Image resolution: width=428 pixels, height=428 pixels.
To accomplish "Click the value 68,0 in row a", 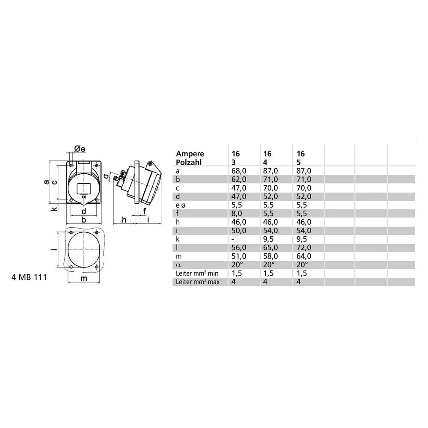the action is [x=238, y=171].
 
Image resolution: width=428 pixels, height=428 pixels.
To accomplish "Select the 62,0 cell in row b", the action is [x=238, y=179].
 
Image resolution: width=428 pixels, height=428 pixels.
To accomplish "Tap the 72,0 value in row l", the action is [x=303, y=247].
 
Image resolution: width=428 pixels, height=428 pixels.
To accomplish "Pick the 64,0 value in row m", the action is [x=303, y=256].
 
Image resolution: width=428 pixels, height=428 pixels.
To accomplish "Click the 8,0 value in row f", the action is [x=236, y=214].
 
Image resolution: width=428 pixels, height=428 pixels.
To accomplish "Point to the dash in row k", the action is [x=233, y=239].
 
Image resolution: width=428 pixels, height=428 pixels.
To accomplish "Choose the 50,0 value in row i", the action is [x=238, y=231].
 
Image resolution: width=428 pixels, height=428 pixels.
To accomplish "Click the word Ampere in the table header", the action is [x=190, y=154].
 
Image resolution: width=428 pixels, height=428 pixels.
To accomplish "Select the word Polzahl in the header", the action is [x=189, y=162].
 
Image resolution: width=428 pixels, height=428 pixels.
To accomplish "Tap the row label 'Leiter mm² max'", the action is [x=198, y=282].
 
